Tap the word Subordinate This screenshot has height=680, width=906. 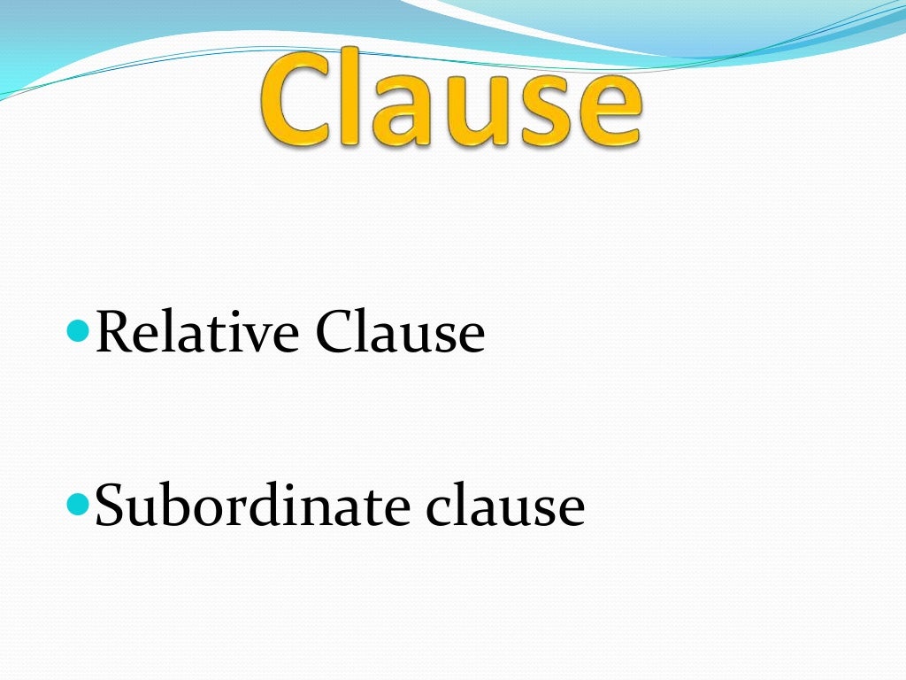(251, 506)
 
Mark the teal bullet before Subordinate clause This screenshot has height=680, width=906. (79, 506)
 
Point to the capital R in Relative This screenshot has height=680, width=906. (114, 333)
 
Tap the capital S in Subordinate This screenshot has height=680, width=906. (111, 506)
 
